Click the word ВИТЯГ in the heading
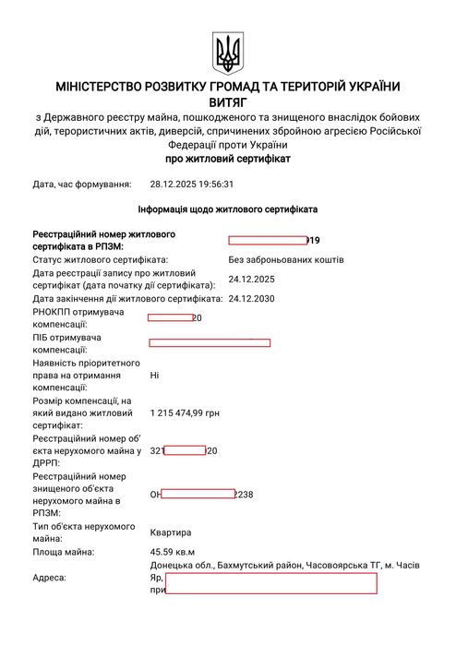tap(228, 103)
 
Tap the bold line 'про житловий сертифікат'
tap(227, 159)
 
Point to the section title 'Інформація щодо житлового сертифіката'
tap(227, 209)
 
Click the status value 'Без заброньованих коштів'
tap(286, 259)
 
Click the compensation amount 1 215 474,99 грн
tap(185, 413)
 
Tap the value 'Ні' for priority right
tap(154, 376)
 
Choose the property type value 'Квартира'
tap(171, 532)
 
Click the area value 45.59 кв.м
tap(173, 552)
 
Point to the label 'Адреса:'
tap(49, 577)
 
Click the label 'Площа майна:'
tap(63, 552)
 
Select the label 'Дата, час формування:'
tap(82, 184)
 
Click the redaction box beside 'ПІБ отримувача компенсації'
tap(210, 343)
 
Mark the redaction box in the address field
tap(270, 582)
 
